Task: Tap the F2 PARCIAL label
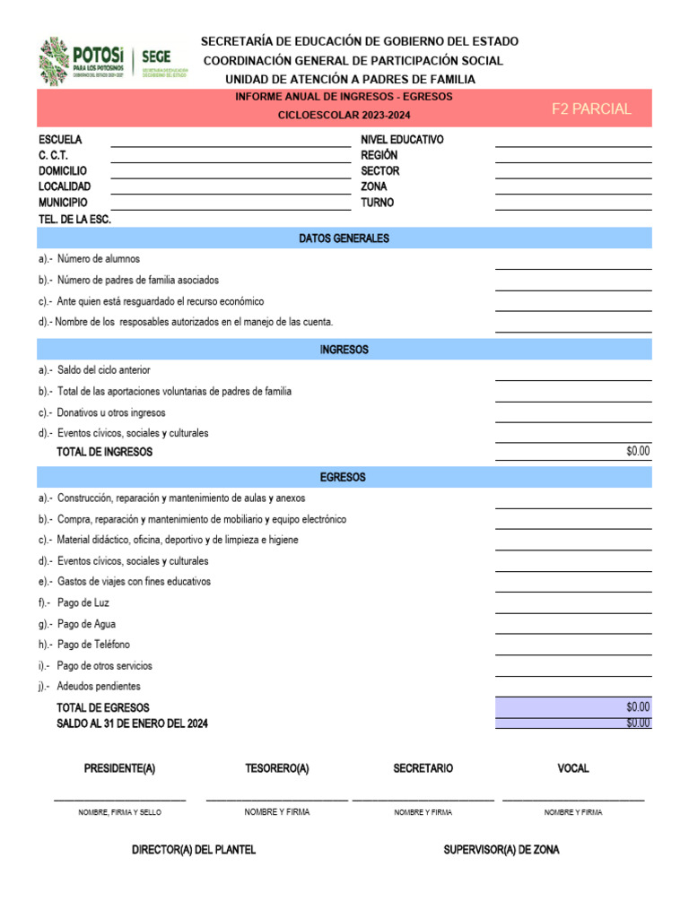pos(590,109)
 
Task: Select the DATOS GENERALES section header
pos(344,238)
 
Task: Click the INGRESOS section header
pos(344,350)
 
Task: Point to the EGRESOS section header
pos(344,478)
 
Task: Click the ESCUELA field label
pos(60,140)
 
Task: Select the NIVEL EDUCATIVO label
pos(402,140)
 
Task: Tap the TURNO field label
pos(377,203)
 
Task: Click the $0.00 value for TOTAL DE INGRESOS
pos(638,452)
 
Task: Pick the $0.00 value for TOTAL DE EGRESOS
pos(638,707)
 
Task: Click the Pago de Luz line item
pos(83,603)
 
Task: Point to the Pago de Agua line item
pos(85,624)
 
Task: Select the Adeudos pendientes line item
pos(98,687)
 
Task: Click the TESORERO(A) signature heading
pos(277,769)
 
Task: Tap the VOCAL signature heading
pos(573,769)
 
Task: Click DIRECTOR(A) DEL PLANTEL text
pos(194,850)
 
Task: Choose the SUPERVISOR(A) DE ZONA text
pos(501,850)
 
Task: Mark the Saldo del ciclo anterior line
pos(103,370)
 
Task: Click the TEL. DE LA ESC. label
pos(74,219)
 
